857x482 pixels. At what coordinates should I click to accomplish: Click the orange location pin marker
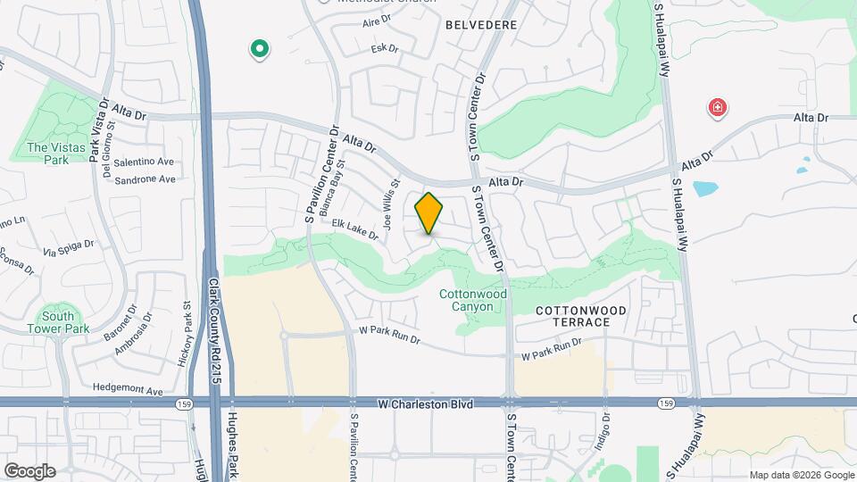coord(429,213)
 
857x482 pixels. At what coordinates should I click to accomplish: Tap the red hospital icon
coord(717,110)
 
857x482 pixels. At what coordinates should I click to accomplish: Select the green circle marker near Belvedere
coord(260,48)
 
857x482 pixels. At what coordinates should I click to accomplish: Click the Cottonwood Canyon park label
coord(472,300)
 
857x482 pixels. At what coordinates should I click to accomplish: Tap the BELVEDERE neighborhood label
coord(481,25)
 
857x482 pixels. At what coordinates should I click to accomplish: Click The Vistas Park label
coord(48,154)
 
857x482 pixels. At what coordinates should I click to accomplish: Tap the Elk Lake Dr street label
coord(355,229)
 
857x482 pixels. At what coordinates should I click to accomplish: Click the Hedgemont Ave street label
coord(128,391)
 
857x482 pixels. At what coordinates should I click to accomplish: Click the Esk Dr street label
coord(384,49)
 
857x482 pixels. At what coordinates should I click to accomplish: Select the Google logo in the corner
coord(29,471)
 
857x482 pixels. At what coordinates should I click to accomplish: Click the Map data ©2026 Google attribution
coord(801,476)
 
